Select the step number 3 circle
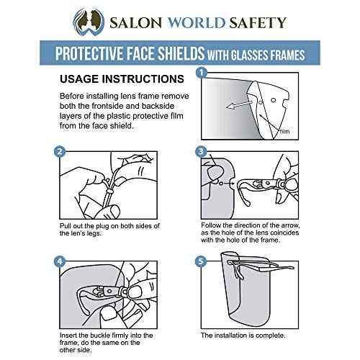coord(202,152)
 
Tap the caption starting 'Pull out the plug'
coord(106,232)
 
